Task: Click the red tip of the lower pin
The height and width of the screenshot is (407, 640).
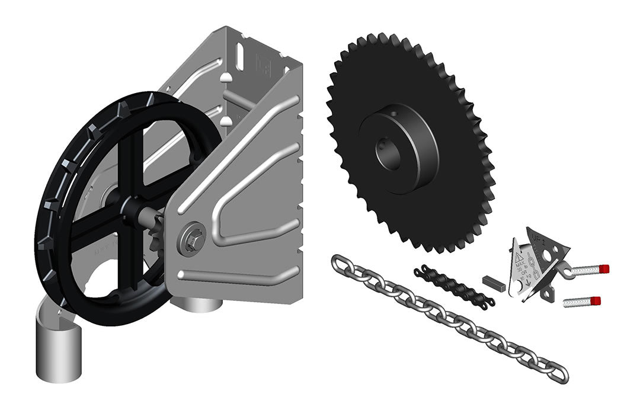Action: coord(596,300)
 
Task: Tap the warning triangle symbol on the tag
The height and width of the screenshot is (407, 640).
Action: coord(519,258)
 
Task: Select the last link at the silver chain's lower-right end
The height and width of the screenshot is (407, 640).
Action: coord(556,373)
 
